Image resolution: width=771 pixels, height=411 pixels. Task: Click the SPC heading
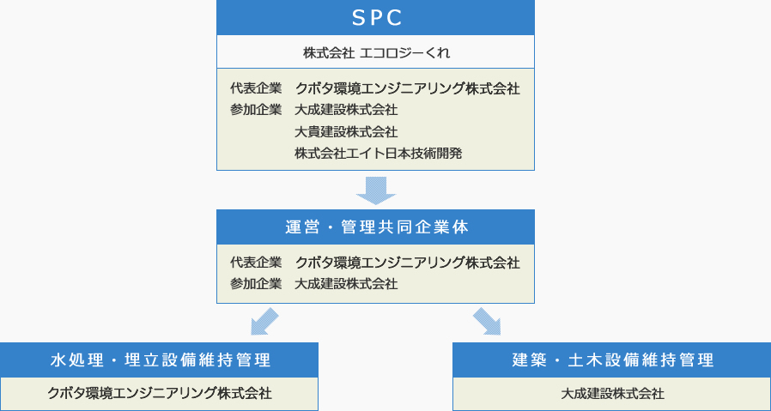(377, 18)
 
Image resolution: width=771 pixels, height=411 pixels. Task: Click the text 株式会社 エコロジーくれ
(376, 52)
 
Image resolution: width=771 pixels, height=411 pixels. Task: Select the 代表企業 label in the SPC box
(256, 88)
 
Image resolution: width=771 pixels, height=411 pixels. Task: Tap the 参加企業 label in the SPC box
(256, 110)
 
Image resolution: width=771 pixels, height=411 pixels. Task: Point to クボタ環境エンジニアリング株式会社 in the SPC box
(408, 88)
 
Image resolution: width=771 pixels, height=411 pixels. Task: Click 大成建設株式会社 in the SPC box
(347, 110)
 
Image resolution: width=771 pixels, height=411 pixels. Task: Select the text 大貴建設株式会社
(347, 132)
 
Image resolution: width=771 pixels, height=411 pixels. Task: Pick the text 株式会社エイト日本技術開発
(379, 154)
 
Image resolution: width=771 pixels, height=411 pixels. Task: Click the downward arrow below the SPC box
(376, 190)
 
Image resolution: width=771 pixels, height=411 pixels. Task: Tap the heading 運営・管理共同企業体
(377, 227)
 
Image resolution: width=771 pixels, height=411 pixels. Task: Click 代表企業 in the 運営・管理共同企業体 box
(256, 263)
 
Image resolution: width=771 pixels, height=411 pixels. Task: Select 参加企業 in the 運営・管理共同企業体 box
(256, 284)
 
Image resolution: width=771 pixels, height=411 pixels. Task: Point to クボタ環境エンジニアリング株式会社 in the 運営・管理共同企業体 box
(408, 263)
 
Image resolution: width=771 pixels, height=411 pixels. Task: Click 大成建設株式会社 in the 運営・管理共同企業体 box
(347, 284)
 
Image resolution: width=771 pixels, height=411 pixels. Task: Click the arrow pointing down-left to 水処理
(264, 322)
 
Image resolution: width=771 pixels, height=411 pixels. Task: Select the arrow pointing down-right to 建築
(487, 322)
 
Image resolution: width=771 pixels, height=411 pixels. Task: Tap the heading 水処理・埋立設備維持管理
(161, 360)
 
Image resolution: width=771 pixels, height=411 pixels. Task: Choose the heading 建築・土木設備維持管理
(613, 360)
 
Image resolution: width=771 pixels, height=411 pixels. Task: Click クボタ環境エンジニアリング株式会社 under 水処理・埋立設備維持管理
(160, 393)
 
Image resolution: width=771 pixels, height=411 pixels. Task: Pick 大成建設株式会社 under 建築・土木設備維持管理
(613, 393)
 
